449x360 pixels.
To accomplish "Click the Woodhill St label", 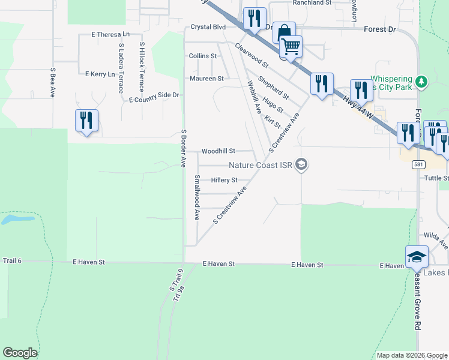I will coord(218,151).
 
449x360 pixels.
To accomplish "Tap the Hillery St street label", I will coord(224,180).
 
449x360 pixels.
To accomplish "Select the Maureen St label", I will coord(206,79).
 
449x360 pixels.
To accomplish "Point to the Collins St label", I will coord(202,56).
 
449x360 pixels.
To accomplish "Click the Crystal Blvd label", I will coord(208,27).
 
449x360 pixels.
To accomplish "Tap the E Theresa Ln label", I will coord(110,35).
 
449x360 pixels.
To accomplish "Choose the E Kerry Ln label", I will coord(100,74).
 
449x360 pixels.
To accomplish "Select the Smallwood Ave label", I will coord(197,197).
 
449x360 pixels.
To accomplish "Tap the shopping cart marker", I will coord(291,46).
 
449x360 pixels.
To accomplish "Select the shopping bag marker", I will coord(284,32).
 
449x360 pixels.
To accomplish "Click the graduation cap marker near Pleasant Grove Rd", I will coord(417,257).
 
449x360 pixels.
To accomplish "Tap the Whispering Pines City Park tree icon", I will coord(422,81).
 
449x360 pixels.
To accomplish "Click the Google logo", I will coord(20,353).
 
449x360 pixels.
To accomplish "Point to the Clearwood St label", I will coord(252,55).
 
